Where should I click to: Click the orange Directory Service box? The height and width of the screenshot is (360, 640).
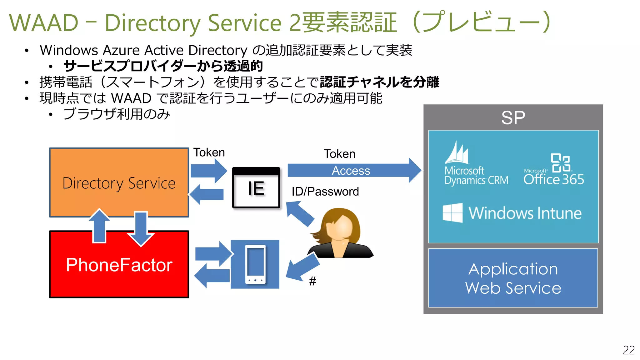pos(119,182)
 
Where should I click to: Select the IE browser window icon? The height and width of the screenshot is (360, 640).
pos(256,188)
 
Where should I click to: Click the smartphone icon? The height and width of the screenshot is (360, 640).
pos(255,264)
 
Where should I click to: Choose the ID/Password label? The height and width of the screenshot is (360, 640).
pos(325,191)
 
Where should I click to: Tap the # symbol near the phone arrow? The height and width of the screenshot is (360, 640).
pos(312,281)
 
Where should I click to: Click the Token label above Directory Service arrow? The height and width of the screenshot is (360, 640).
pos(209,152)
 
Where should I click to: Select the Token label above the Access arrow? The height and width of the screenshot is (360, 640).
pos(339,154)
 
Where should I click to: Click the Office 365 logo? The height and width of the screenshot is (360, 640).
pos(554,170)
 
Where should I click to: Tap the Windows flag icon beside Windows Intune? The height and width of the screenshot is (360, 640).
pos(452,213)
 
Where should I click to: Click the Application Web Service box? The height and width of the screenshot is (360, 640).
pos(513,278)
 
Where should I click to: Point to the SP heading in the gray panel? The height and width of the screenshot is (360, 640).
pos(513,118)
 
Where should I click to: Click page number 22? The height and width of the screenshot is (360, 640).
pos(628,350)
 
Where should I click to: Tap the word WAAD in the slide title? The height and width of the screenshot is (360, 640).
pos(44,23)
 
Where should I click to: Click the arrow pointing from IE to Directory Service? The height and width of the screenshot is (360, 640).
pos(207,194)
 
